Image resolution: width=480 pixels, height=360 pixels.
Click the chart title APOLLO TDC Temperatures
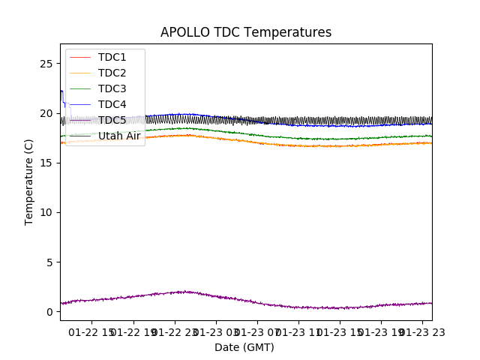click(x=246, y=32)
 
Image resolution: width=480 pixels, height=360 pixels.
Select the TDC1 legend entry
click(x=112, y=57)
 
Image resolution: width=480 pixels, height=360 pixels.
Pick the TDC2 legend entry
click(x=112, y=73)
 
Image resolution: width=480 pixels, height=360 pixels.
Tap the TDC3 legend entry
click(x=112, y=88)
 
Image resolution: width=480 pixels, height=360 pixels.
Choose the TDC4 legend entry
click(x=112, y=104)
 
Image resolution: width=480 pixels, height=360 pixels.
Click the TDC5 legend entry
click(x=112, y=120)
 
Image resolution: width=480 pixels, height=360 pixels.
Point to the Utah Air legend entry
click(x=119, y=136)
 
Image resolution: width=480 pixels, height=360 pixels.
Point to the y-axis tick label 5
click(x=49, y=262)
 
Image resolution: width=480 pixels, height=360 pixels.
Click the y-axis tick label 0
click(x=49, y=311)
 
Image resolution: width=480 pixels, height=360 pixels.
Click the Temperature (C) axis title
click(x=29, y=182)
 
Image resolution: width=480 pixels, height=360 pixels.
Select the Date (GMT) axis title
click(x=244, y=347)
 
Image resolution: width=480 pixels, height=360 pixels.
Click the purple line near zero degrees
click(x=300, y=307)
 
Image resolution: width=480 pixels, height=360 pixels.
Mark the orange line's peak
click(x=184, y=135)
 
